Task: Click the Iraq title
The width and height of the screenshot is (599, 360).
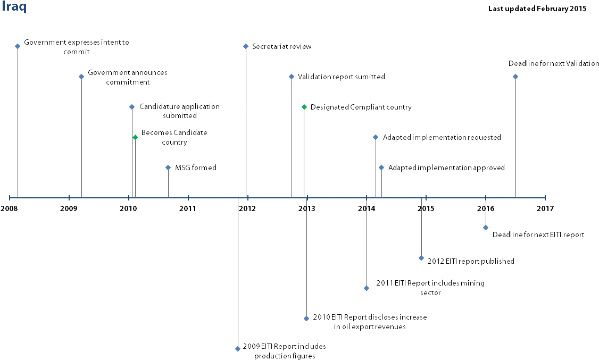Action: [14, 7]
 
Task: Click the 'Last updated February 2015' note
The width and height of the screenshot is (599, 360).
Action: [537, 9]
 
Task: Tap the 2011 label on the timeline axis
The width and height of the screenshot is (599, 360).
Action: [188, 208]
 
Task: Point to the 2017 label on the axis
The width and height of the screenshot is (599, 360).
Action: [545, 208]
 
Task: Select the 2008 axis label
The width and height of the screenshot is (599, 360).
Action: [9, 208]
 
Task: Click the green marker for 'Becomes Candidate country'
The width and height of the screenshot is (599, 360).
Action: [135, 137]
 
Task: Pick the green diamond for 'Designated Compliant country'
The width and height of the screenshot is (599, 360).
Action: [304, 107]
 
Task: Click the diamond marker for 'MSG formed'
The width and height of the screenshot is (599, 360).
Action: [168, 168]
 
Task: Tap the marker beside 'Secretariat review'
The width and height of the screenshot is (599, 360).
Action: [246, 47]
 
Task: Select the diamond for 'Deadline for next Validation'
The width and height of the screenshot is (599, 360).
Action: [515, 77]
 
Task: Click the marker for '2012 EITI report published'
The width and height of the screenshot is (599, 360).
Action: [421, 258]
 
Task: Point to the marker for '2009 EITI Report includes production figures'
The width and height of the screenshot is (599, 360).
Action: [238, 348]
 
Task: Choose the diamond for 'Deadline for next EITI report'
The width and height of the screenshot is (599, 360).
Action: [486, 228]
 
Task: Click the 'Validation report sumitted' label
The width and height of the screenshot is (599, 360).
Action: [342, 77]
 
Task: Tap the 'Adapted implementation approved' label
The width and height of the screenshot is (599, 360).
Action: [446, 168]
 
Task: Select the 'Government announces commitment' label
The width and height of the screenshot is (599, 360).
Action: [128, 77]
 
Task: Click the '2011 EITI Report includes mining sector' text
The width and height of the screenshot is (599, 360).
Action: [430, 288]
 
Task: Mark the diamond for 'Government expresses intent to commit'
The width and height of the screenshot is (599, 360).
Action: [17, 46]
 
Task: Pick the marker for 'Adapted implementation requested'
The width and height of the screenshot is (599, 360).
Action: [376, 137]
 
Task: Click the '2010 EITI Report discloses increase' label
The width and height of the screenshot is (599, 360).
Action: [370, 317]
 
